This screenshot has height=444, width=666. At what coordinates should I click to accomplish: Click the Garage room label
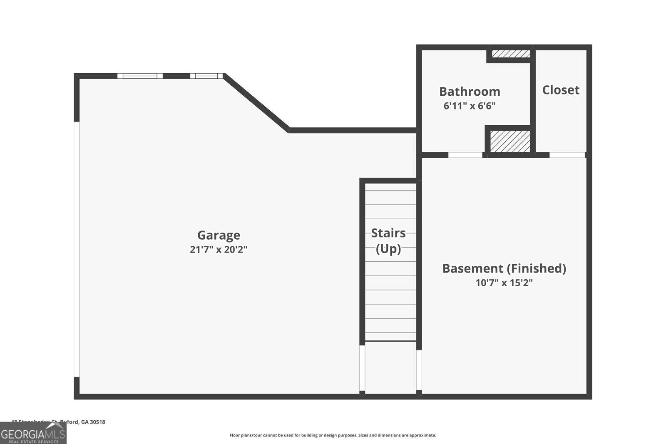point(219,235)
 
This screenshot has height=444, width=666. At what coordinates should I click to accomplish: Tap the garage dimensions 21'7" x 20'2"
point(219,250)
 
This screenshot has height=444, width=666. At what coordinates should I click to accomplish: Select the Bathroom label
point(470,92)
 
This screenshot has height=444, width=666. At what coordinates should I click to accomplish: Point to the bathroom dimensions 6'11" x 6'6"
point(470,106)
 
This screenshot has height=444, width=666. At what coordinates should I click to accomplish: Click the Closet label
point(561,90)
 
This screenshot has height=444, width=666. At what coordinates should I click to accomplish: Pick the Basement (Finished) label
point(504,268)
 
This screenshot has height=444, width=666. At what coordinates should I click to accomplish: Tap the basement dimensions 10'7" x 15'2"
point(504,283)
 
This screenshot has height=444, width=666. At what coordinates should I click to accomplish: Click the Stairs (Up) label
point(388,241)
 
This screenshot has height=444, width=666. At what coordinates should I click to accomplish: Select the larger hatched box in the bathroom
point(510,141)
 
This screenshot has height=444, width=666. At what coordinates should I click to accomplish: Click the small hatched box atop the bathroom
point(511,54)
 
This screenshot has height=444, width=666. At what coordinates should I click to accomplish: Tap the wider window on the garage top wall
point(140,76)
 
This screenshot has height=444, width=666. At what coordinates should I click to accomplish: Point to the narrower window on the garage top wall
point(206,76)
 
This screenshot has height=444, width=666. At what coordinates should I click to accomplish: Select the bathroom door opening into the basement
point(465,155)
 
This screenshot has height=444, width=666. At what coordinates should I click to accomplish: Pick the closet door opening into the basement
point(567,155)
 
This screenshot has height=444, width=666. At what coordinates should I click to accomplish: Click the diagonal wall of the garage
point(256,103)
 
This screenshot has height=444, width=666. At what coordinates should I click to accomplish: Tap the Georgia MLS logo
point(33,434)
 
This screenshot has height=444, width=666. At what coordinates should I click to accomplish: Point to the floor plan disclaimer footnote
point(333,435)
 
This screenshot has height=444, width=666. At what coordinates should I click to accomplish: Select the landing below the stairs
point(390,366)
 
